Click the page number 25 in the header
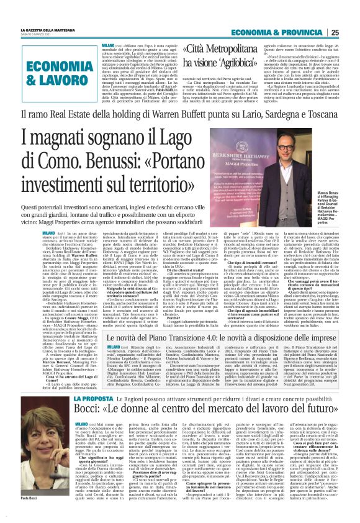click(x=350, y=32)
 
